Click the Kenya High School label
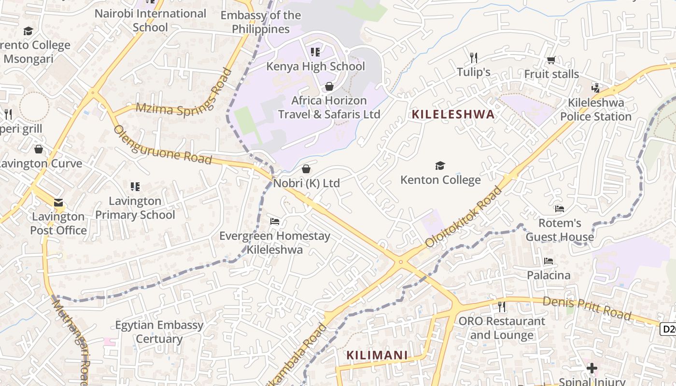coord(316,66)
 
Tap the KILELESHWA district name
coord(453,114)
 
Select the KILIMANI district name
coord(377,356)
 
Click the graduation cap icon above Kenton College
coord(440,166)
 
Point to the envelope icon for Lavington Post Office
coord(58,203)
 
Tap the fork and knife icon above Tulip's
coord(474,58)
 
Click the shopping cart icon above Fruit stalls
coord(551,60)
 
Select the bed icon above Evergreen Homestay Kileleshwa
coord(275,221)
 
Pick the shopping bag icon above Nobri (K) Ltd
coord(306,169)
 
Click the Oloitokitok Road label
coord(464,218)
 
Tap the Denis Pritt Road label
coord(587,309)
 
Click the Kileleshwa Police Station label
coord(596,110)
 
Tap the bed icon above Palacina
coord(549,261)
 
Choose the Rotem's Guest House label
coord(560,230)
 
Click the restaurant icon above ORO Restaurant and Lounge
coord(502,306)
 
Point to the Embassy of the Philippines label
coord(261,22)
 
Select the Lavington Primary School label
coord(135,207)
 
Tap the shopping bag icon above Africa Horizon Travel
coord(329,86)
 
